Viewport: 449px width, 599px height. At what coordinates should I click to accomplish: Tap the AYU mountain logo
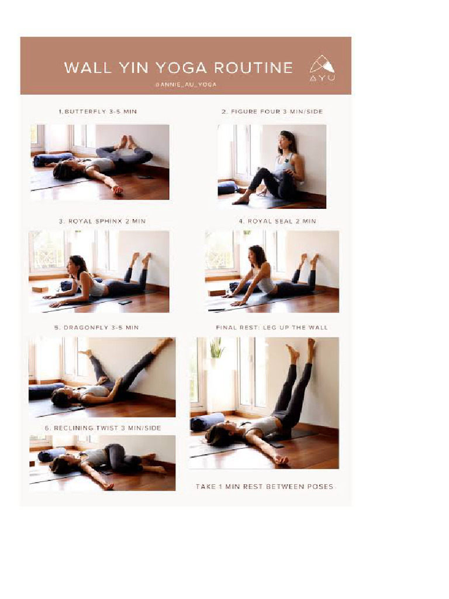[x=322, y=67]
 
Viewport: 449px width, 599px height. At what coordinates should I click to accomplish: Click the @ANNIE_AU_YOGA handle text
[x=186, y=84]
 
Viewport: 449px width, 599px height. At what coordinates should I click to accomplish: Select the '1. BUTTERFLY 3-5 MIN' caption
[x=97, y=111]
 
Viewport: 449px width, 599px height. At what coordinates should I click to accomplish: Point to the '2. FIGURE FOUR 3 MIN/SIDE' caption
[x=272, y=111]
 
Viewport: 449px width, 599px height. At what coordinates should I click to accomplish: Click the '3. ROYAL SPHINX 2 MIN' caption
[x=102, y=221]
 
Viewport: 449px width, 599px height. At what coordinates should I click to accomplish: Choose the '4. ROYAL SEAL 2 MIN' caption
[x=277, y=221]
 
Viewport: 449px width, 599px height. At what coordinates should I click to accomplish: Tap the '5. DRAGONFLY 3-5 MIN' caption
[x=96, y=328]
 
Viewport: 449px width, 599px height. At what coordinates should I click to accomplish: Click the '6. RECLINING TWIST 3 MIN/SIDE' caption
[x=102, y=428]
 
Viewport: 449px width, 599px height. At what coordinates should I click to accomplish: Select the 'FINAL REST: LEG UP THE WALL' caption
[x=272, y=328]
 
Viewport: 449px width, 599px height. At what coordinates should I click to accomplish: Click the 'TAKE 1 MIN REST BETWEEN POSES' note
[x=264, y=487]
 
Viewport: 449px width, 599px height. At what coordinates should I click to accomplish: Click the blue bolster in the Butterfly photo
[x=52, y=159]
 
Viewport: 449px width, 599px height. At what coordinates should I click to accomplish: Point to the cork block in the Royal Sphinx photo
[x=40, y=289]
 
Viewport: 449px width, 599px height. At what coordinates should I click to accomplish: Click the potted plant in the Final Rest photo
[x=216, y=349]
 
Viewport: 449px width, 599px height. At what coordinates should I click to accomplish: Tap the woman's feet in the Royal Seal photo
[x=309, y=259]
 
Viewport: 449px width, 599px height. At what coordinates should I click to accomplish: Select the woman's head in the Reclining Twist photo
[x=59, y=465]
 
